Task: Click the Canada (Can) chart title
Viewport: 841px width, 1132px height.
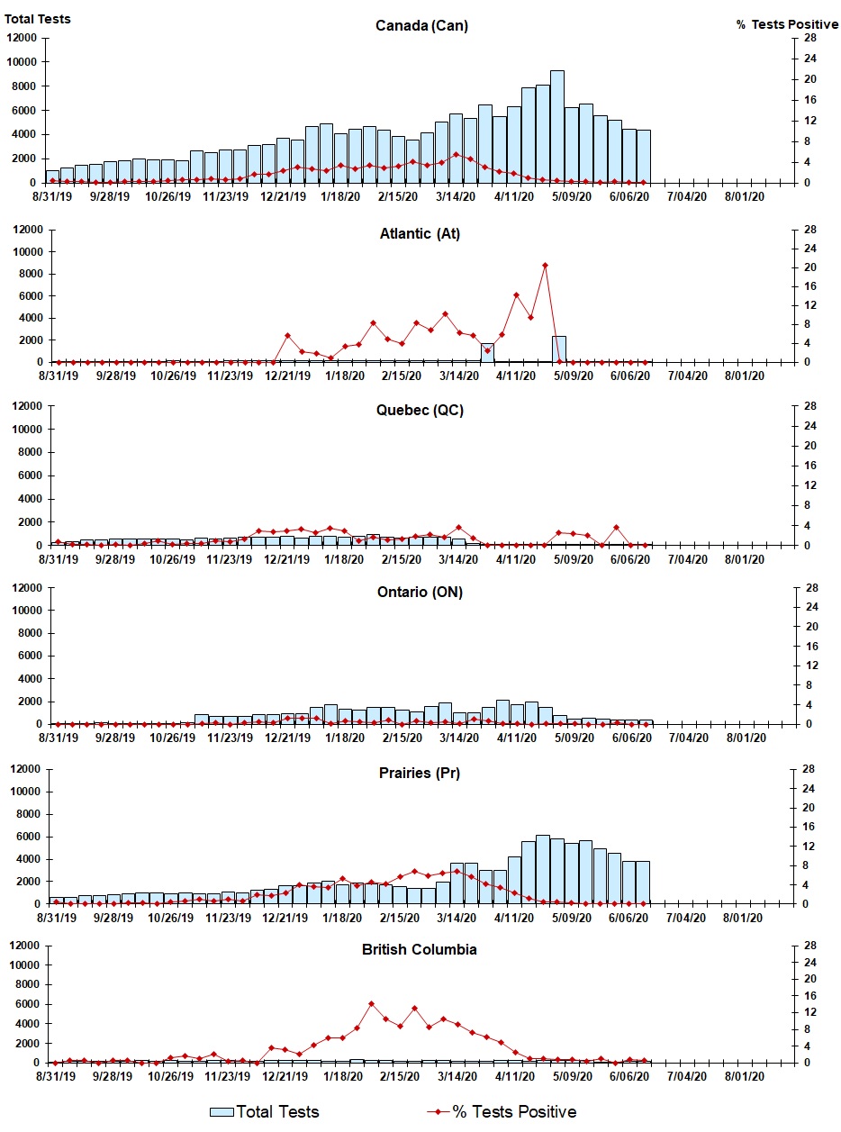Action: [421, 25]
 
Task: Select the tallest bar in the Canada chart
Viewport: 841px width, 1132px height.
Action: [556, 127]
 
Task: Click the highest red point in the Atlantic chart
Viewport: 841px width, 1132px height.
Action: [545, 266]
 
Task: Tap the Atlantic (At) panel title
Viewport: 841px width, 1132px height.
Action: [420, 234]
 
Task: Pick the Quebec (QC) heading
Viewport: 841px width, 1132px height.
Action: [420, 411]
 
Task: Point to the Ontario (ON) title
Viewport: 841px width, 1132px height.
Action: [420, 592]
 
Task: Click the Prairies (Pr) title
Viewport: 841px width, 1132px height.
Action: [419, 774]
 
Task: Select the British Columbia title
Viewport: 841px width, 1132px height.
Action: [419, 950]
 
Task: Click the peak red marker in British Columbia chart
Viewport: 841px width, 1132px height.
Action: [371, 1004]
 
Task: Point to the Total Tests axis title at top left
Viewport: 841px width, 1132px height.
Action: [37, 20]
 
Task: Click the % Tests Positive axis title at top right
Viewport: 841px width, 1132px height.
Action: [787, 24]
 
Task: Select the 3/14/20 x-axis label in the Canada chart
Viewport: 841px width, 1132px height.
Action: [456, 196]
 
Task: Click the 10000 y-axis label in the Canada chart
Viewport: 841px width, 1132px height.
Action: [22, 62]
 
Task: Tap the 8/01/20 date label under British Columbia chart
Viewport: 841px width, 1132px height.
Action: [744, 1076]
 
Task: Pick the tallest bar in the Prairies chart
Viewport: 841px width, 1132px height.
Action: [542, 870]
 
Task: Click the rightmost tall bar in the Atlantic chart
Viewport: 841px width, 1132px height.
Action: [558, 349]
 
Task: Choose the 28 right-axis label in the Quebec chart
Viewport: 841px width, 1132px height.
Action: [810, 406]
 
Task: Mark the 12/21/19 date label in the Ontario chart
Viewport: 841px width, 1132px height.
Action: [287, 738]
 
